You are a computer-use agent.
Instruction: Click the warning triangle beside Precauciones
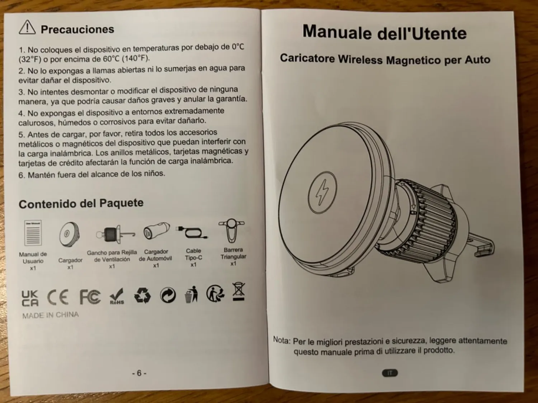pyautogui.click(x=27, y=28)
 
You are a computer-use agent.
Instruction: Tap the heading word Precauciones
pyautogui.click(x=77, y=29)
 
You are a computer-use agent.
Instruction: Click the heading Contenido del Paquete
pyautogui.click(x=81, y=203)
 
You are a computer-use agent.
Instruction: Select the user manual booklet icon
pyautogui.click(x=33, y=233)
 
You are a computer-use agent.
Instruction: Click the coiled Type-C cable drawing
pyautogui.click(x=192, y=232)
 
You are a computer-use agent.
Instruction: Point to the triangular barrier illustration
pyautogui.click(x=232, y=230)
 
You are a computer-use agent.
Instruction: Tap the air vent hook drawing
pyautogui.click(x=115, y=234)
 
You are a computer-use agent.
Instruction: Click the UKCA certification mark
pyautogui.click(x=30, y=298)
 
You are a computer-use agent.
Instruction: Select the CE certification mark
pyautogui.click(x=58, y=297)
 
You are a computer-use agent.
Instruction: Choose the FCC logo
pyautogui.click(x=90, y=297)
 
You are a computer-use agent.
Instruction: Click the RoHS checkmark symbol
pyautogui.click(x=117, y=296)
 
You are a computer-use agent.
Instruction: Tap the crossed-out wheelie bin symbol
pyautogui.click(x=239, y=291)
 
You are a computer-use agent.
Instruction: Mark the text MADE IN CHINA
pyautogui.click(x=51, y=315)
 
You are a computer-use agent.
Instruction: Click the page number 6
pyautogui.click(x=139, y=373)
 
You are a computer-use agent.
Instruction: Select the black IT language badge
pyautogui.click(x=390, y=373)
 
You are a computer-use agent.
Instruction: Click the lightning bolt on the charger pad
pyautogui.click(x=322, y=192)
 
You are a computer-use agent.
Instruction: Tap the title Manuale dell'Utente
pyautogui.click(x=384, y=33)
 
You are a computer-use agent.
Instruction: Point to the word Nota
pyautogui.click(x=282, y=340)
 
